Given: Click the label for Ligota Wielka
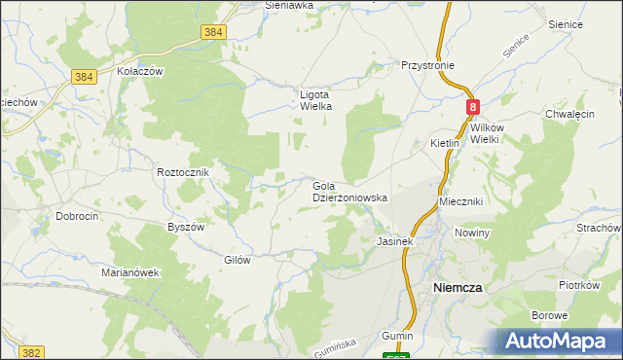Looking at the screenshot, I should pyautogui.click(x=316, y=100).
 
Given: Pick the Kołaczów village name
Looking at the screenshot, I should pyautogui.click(x=139, y=72).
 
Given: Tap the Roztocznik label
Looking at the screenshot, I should pyautogui.click(x=184, y=172).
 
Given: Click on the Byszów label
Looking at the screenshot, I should pyautogui.click(x=186, y=227).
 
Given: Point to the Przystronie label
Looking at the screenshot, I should pyautogui.click(x=427, y=66).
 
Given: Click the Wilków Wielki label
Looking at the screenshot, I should pyautogui.click(x=485, y=133).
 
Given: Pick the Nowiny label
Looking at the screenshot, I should pyautogui.click(x=471, y=234).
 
